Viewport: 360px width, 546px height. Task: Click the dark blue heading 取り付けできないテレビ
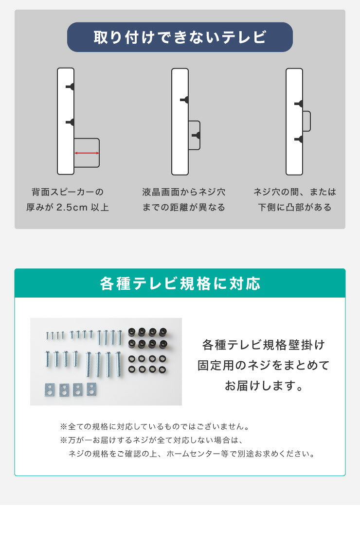(x=180, y=37)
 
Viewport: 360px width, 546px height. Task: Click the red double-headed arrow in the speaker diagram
(x=87, y=153)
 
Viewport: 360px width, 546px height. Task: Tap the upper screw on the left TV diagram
(x=71, y=87)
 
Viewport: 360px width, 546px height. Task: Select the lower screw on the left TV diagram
(x=71, y=122)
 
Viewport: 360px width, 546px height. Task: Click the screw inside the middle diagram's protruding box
(x=196, y=135)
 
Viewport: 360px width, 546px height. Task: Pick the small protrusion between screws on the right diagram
(x=306, y=121)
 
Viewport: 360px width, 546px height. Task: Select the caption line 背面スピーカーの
(x=67, y=192)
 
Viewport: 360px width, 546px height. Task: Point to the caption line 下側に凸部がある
(x=294, y=208)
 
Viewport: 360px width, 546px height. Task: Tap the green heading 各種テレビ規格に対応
(x=180, y=283)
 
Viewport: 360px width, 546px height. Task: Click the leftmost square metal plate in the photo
(x=50, y=389)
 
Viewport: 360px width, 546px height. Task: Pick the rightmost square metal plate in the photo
(x=91, y=388)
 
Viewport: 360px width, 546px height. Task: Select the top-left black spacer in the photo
(x=131, y=332)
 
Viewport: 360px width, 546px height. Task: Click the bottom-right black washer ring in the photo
(x=163, y=370)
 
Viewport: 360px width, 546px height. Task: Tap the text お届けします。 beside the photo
(x=263, y=386)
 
